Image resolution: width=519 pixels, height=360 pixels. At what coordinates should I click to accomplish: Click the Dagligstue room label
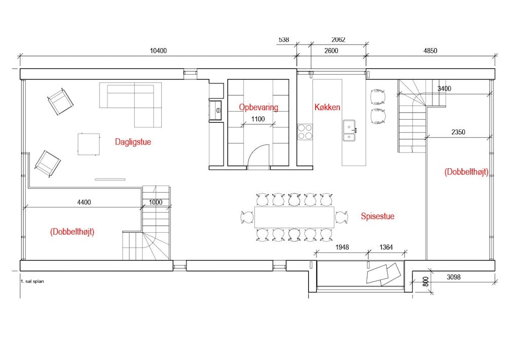click(x=133, y=142)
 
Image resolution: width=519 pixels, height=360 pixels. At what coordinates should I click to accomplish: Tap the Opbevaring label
click(x=258, y=107)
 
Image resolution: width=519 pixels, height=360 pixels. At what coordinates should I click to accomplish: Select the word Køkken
click(x=327, y=107)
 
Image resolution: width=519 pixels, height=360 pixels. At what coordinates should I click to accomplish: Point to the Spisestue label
click(x=377, y=217)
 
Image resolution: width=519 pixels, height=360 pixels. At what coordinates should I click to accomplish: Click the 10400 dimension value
click(x=158, y=51)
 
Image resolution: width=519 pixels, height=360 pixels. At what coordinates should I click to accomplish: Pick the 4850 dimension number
click(x=430, y=51)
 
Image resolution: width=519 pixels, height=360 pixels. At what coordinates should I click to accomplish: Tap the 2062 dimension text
click(x=338, y=40)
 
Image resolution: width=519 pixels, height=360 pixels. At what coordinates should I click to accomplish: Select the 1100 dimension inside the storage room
click(x=258, y=119)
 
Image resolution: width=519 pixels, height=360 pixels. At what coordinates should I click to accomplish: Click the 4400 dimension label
click(x=84, y=202)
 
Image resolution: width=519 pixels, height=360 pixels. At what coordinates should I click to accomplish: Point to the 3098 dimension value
click(x=454, y=277)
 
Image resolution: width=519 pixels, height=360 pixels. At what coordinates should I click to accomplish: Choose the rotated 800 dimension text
click(x=426, y=281)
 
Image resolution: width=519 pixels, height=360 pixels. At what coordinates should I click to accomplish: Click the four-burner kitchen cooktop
click(x=305, y=132)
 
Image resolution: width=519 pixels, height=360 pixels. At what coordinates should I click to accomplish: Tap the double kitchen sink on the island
click(x=349, y=130)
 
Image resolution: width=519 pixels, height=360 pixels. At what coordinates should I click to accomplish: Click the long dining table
click(x=294, y=217)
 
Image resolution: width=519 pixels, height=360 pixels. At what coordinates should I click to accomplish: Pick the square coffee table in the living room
click(x=89, y=144)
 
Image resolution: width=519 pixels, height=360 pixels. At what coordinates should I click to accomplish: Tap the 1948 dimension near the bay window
click(x=342, y=247)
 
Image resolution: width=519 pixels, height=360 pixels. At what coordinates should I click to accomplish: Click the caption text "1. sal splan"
click(x=32, y=281)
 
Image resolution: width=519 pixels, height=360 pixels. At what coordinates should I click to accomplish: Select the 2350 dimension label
click(x=458, y=132)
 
